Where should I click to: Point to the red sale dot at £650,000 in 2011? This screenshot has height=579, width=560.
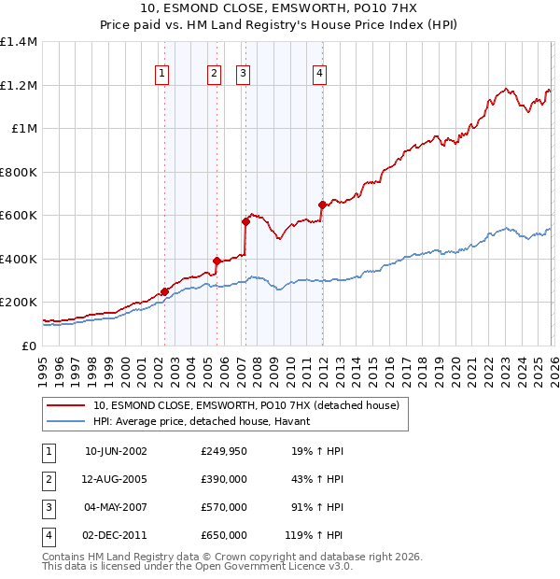[x=322, y=205]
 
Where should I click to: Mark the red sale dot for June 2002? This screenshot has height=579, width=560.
[x=165, y=291]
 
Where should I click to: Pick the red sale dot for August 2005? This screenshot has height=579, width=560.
[x=217, y=261]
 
